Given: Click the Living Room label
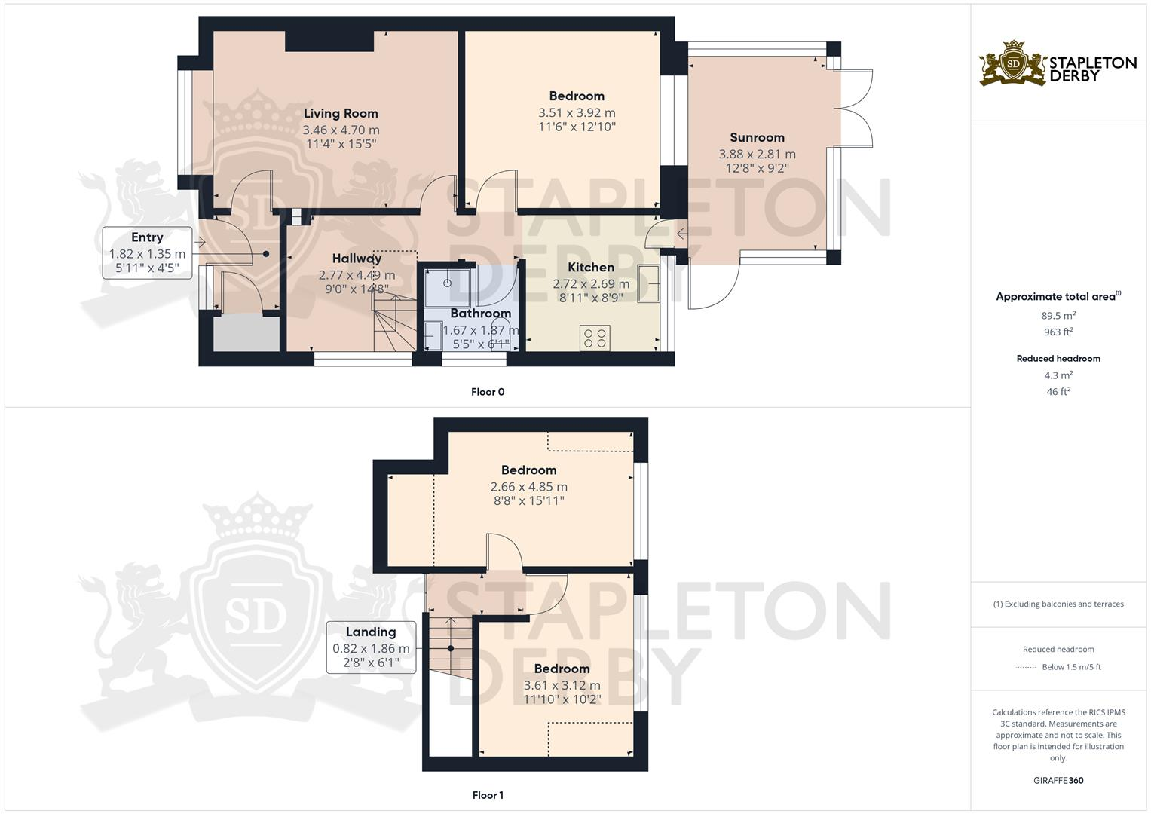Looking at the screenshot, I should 341,114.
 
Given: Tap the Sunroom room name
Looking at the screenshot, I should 757,137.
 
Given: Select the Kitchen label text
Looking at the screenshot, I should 591,268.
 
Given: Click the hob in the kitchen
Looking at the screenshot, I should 595,338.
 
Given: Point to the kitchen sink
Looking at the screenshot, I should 647,283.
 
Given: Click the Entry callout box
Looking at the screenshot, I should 147,253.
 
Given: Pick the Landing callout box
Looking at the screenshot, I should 371,647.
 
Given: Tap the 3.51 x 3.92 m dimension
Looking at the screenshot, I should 577,112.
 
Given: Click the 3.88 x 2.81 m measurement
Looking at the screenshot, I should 757,154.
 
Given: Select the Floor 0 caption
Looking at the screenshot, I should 488,392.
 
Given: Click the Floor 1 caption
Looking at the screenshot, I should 488,795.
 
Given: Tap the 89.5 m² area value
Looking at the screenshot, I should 1058,316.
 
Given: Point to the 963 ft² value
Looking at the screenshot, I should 1058,332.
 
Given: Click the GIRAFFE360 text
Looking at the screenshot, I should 1058,780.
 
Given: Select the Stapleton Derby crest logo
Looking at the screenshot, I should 1014,63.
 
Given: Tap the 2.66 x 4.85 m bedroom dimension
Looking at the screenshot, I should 528,487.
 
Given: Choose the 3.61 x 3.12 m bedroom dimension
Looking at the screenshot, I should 562,685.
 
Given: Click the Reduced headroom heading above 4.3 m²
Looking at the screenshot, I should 1058,359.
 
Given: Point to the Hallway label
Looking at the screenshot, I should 357,259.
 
